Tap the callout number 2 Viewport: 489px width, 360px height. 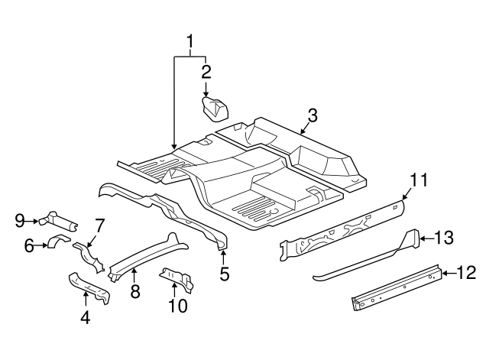(206, 72)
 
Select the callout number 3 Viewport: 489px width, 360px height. (312, 115)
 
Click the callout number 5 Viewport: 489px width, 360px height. (224, 273)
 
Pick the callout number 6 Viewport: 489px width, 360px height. (29, 245)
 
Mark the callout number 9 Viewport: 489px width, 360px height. (21, 222)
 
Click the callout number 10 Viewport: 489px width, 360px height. (177, 306)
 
